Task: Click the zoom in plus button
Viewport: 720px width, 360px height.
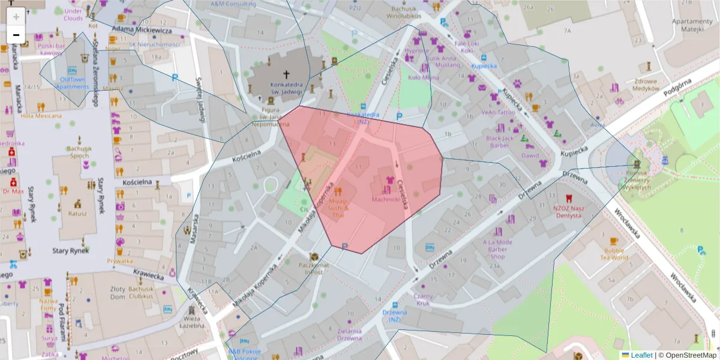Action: pos(16,16)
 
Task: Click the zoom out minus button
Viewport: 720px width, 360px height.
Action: pos(16,35)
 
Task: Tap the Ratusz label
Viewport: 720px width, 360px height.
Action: pos(77,213)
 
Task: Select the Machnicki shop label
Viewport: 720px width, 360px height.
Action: pos(386,199)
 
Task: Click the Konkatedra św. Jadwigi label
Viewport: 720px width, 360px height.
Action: pos(286,89)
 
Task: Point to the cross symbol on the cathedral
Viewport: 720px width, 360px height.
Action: pos(286,74)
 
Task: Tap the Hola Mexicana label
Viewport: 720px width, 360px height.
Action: pos(41,116)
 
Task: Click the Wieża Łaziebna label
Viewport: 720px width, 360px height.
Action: pos(191,322)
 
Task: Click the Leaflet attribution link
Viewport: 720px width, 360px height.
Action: pos(641,355)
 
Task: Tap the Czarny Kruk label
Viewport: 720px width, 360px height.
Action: pos(423,300)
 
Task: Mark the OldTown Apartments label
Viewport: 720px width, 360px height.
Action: pos(72,83)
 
